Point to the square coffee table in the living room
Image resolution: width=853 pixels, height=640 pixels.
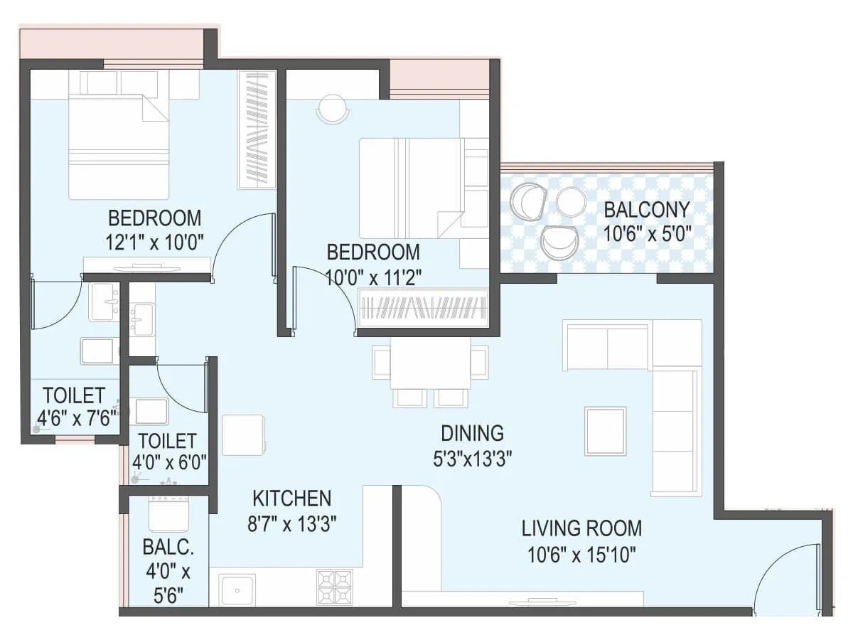pos(605,431)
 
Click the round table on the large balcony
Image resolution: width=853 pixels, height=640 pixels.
pos(570,201)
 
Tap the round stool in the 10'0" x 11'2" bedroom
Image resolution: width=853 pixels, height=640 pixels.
pos(332,109)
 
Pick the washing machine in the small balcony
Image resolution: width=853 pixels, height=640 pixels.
pos(168,513)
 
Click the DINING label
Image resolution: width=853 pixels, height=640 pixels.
pos(472,433)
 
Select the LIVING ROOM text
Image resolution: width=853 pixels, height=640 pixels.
pos(581,528)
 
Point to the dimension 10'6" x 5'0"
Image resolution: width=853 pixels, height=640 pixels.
pos(646,233)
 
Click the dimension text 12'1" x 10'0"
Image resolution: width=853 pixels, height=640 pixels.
pos(155,242)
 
